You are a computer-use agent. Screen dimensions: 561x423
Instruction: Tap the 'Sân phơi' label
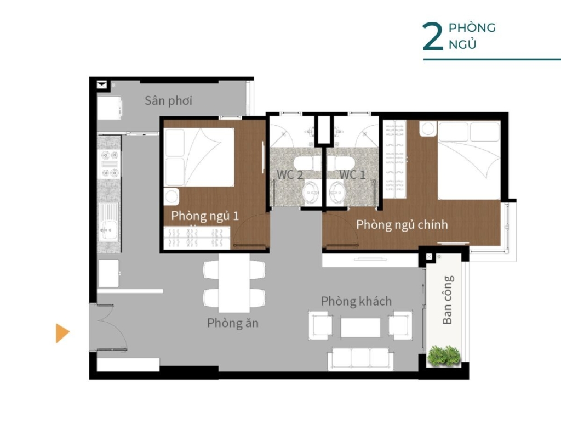pyautogui.click(x=169, y=100)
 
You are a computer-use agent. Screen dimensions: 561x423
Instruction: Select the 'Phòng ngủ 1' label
pyautogui.click(x=205, y=216)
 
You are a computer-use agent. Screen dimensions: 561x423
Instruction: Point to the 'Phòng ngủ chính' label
pyautogui.click(x=402, y=224)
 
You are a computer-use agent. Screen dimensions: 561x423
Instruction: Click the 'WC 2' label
pyautogui.click(x=290, y=175)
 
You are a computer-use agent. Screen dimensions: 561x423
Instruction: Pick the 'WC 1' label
pyautogui.click(x=352, y=174)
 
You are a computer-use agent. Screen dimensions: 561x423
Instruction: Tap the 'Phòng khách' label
pyautogui.click(x=356, y=301)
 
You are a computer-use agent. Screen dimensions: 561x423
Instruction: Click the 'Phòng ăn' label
pyautogui.click(x=232, y=323)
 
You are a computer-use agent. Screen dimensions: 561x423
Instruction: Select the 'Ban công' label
pyautogui.click(x=448, y=300)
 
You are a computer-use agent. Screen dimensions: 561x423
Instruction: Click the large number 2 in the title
pyautogui.click(x=433, y=37)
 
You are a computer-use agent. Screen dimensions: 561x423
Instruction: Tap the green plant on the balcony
pyautogui.click(x=444, y=356)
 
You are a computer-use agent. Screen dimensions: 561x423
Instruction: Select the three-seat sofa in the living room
pyautogui.click(x=360, y=358)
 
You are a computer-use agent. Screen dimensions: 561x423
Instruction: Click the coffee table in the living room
pyautogui.click(x=360, y=328)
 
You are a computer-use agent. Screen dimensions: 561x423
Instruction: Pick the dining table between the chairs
pyautogui.click(x=234, y=283)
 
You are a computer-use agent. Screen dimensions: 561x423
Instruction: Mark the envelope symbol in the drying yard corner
pyautogui.click(x=102, y=85)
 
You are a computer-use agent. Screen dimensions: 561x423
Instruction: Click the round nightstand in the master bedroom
pyautogui.click(x=428, y=128)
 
